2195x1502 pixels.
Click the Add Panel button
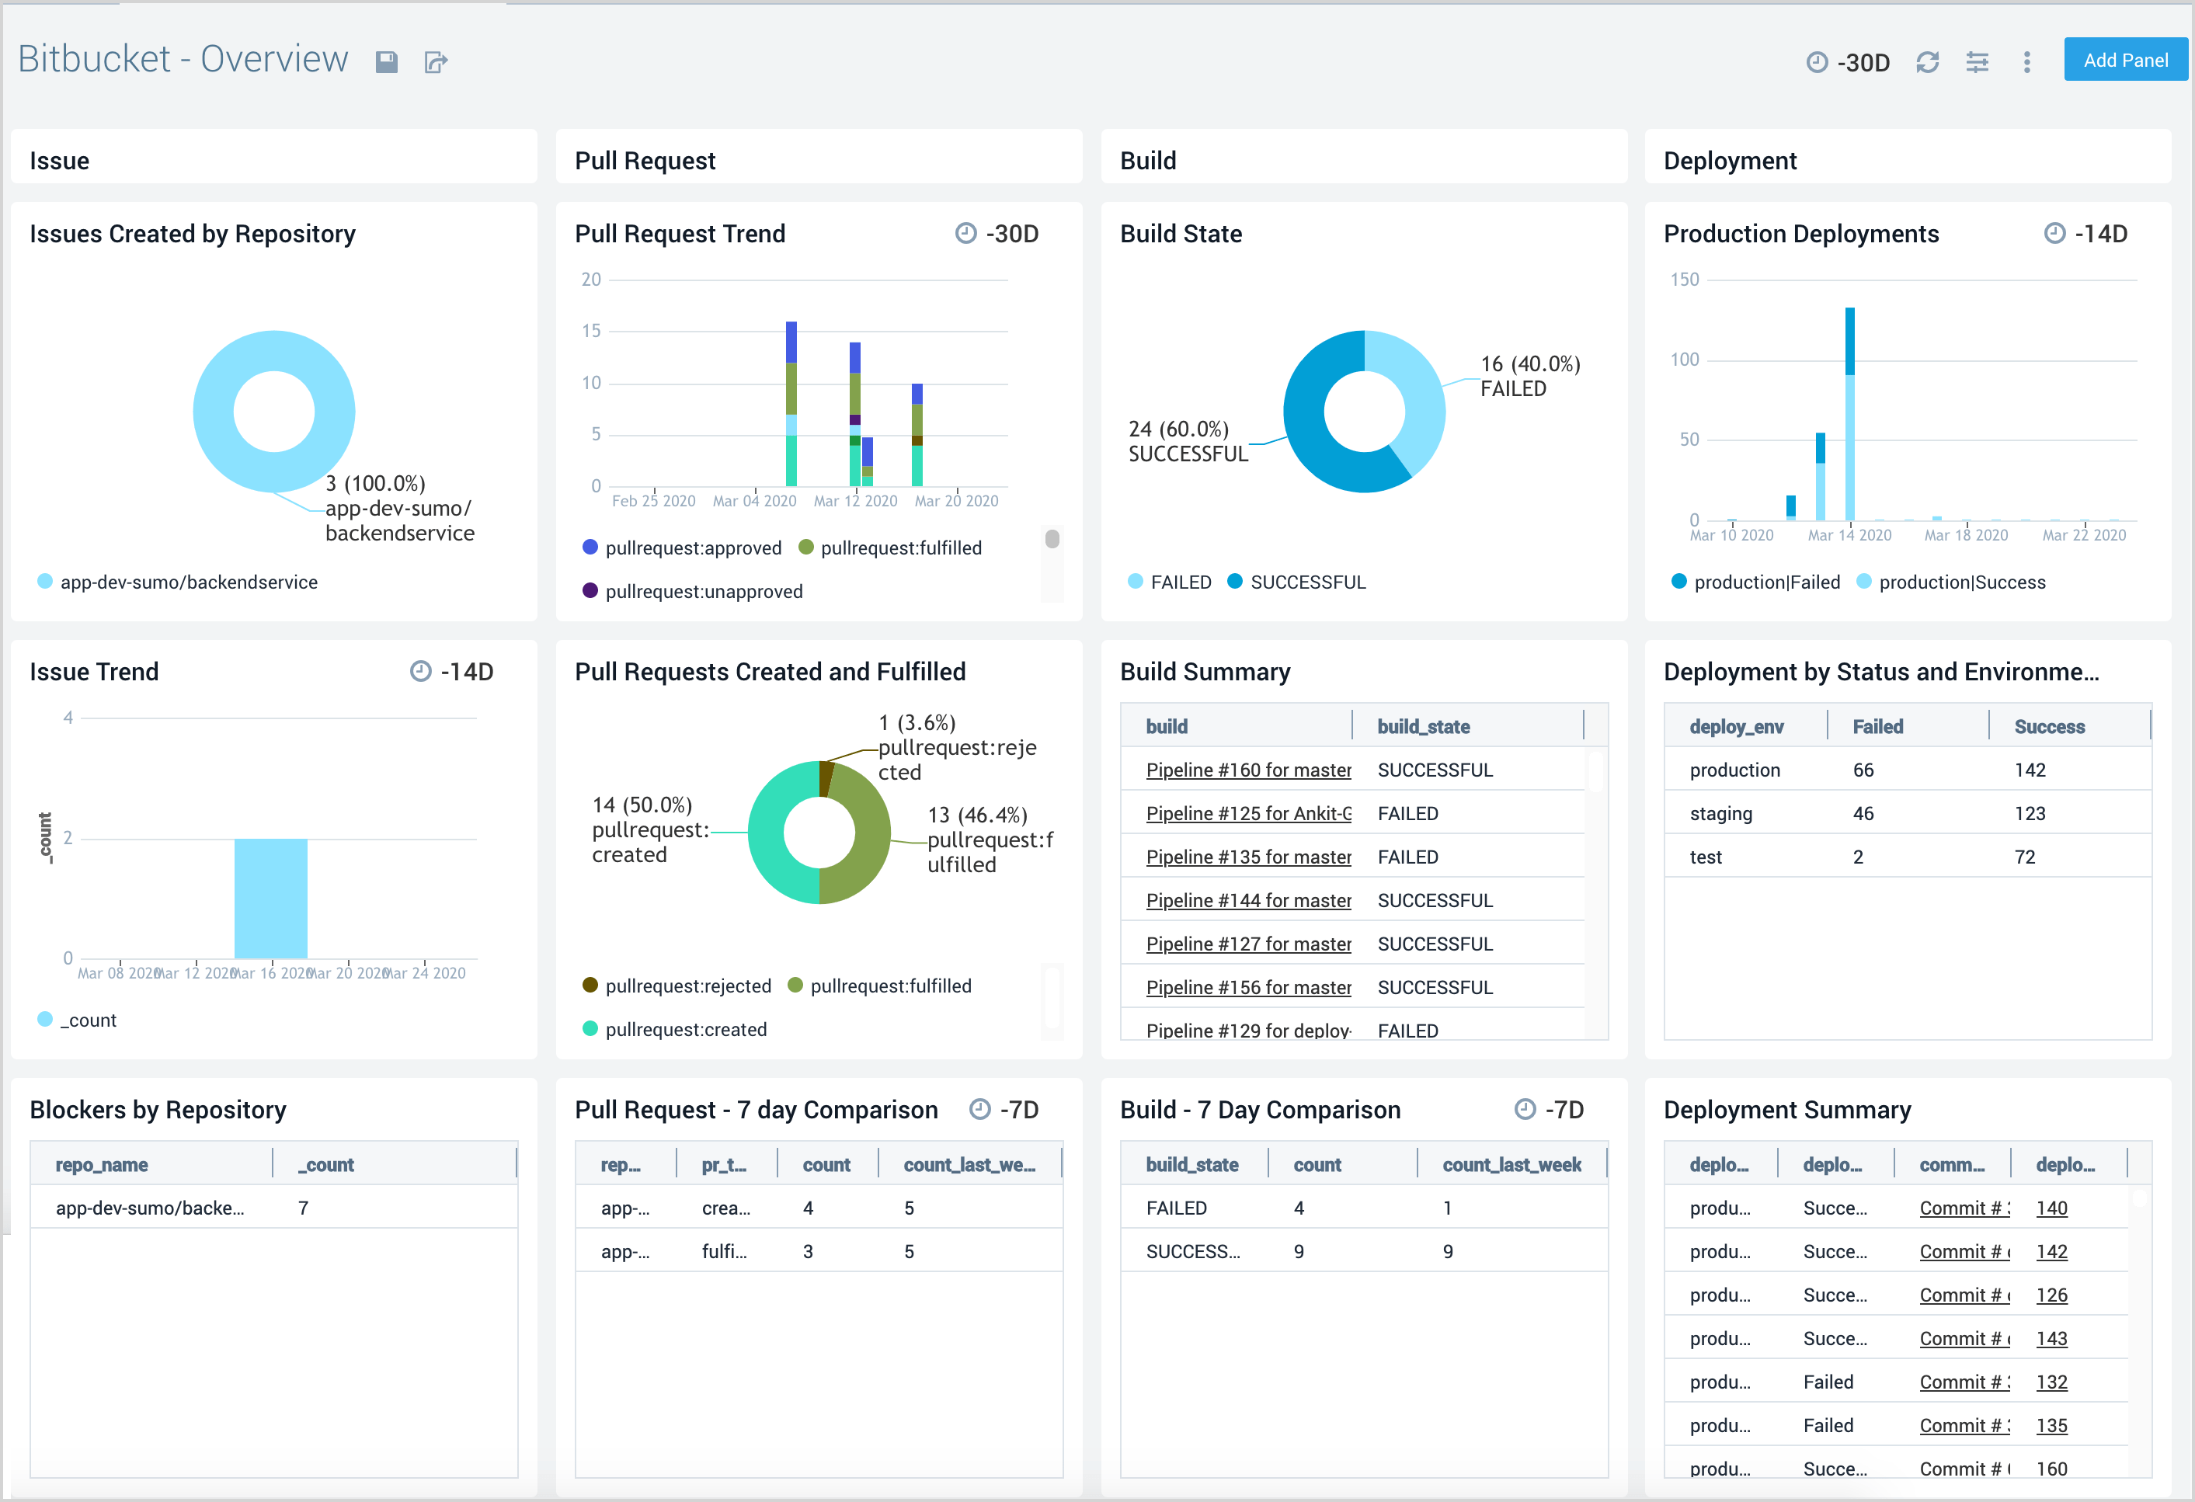tap(2124, 61)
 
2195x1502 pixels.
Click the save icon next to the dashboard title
tap(386, 62)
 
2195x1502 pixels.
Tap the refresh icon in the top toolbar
tap(1927, 62)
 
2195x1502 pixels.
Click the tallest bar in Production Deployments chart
tap(1849, 415)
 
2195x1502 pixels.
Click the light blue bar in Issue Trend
tap(270, 898)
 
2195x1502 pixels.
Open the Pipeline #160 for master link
tap(1247, 770)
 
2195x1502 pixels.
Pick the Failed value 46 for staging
tap(1863, 813)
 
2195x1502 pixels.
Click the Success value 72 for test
tap(2024, 857)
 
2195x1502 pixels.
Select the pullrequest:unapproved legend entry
tap(703, 591)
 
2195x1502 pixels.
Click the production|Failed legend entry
tap(1765, 582)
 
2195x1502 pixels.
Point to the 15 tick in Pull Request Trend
tap(591, 331)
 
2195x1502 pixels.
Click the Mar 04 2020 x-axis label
tap(753, 501)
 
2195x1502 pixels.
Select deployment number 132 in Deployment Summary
tap(2051, 1382)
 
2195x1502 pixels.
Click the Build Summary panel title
tap(1204, 672)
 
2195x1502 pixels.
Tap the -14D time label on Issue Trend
tap(467, 672)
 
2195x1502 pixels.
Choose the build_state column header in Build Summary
tap(1422, 726)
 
